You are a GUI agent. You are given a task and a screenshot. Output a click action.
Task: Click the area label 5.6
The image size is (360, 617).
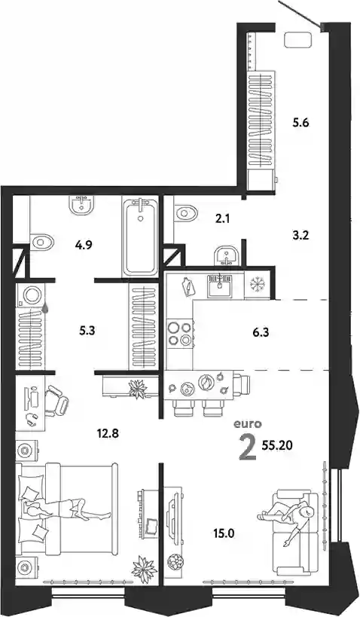point(301,123)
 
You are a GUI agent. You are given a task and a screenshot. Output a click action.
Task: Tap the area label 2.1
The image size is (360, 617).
point(222,218)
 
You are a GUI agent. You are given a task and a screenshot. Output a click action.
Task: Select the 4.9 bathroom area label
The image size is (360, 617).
point(84,246)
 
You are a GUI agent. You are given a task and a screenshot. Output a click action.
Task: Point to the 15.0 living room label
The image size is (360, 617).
point(224,533)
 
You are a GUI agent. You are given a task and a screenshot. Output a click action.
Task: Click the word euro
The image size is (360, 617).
point(248,424)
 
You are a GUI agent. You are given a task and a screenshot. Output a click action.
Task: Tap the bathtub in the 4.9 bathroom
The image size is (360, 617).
point(140,237)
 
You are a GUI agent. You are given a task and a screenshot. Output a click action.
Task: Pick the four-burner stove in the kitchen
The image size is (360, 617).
point(179,333)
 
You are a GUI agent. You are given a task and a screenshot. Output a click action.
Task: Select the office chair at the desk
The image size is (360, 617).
point(56,401)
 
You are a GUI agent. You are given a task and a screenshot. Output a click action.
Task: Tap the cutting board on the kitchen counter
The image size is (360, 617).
point(188,287)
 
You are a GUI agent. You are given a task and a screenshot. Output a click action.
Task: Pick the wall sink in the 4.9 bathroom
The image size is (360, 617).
point(82,204)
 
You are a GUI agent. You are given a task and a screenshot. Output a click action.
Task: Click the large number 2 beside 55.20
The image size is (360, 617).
point(248,448)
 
